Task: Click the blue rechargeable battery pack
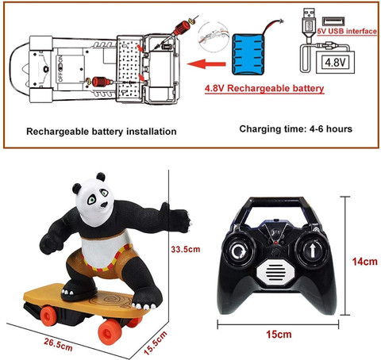pos(248,54)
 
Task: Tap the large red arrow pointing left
pos(206,64)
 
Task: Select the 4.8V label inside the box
pos(335,63)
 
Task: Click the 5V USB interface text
pos(347,31)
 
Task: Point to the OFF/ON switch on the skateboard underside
pos(61,68)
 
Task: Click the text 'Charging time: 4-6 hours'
pos(296,129)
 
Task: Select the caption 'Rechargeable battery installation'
pos(102,132)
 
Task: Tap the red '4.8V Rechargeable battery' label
pos(264,88)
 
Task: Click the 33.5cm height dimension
pos(186,249)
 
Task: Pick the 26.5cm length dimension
pos(58,344)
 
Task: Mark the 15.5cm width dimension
pos(156,343)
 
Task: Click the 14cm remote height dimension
pos(364,262)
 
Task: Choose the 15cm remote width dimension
pos(279,334)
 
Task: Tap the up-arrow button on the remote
pos(313,251)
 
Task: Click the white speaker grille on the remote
pos(275,272)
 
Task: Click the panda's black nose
pos(104,205)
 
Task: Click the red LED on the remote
pos(275,243)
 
